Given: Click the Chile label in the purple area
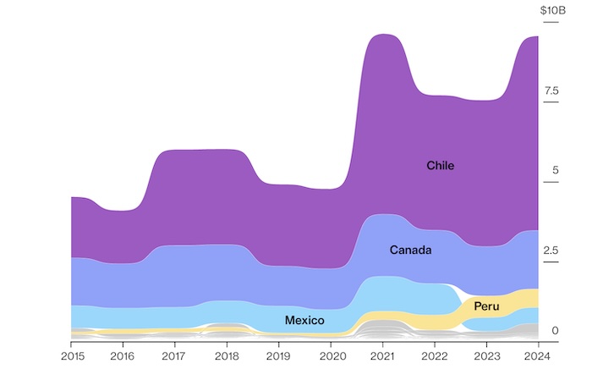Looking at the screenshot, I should point(440,166).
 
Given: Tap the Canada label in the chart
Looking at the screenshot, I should point(411,250).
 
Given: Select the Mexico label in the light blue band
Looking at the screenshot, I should point(304,321).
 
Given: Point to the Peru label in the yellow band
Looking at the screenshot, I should point(486,306).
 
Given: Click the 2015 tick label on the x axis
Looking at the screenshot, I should point(71,355).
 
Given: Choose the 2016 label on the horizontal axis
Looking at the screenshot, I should point(123,355).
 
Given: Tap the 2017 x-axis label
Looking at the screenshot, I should point(175,355).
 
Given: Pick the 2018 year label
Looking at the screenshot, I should point(227,355).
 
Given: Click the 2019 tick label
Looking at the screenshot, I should point(279,355).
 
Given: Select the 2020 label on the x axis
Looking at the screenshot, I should point(332,355).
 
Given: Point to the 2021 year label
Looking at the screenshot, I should point(383,355).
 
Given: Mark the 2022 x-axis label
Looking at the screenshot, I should point(436,355).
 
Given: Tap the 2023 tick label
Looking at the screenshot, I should point(487,355).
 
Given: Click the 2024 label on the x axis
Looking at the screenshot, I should point(539,355).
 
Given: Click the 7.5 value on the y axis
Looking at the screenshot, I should point(551,91).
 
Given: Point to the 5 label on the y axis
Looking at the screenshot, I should point(555,170).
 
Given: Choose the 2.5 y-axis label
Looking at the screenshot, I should point(551,251).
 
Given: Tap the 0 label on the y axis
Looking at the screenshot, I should point(555,330).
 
